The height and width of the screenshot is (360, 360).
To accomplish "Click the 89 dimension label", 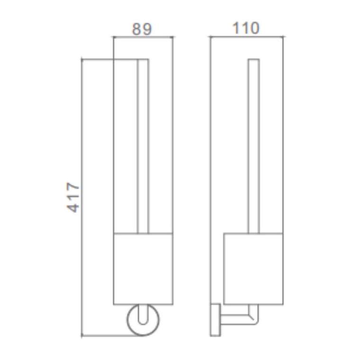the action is coord(142,29).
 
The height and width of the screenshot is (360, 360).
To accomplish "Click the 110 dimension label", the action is coord(246,28).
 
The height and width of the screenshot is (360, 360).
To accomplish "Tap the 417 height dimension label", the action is coord(73,197).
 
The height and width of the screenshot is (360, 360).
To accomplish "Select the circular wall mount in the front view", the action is coord(127,320).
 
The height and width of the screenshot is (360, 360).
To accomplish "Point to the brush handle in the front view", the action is coord(143,146).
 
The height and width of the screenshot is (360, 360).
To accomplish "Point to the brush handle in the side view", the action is coord(254,146).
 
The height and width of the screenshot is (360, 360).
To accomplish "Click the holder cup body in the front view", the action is coord(143,269).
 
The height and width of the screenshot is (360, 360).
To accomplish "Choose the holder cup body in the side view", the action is coord(253,269).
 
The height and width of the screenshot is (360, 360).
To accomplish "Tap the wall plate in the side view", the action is coord(216,320).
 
